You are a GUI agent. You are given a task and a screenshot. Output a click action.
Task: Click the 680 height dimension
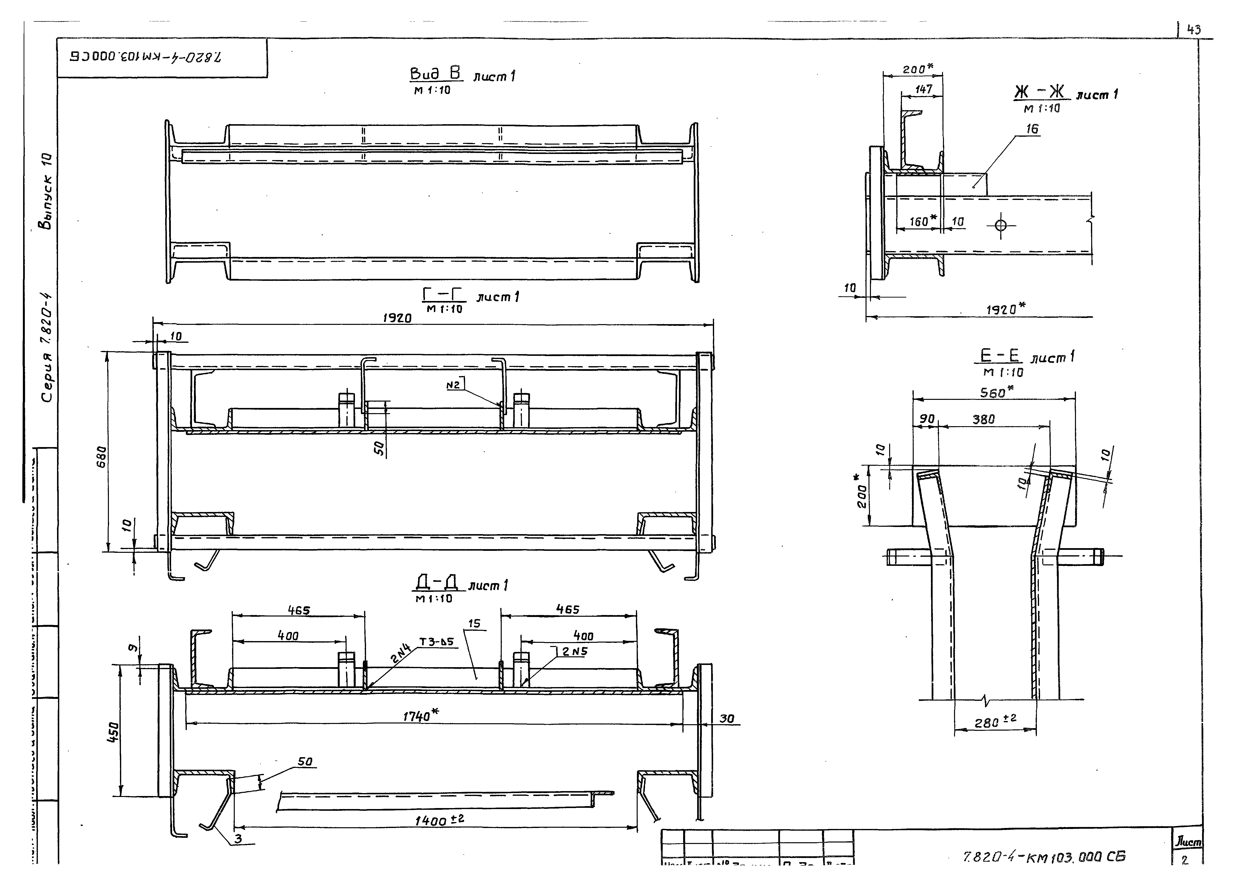(102, 457)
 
